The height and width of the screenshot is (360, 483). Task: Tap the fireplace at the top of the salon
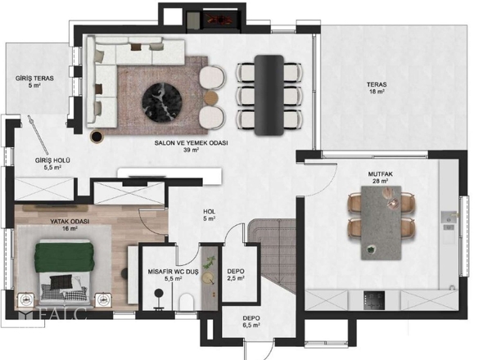pos(220,21)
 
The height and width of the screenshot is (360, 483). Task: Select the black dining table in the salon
pos(269,95)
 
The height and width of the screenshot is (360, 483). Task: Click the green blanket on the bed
pos(64,258)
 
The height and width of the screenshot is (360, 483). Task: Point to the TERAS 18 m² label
pos(377,88)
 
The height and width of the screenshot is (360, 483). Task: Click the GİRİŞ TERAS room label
pos(34,79)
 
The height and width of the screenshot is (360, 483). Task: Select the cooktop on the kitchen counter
pos(374,300)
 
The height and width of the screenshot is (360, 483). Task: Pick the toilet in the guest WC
pos(187,301)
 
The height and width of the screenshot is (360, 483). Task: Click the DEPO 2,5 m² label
pos(236,275)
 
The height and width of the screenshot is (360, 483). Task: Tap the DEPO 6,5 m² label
pos(251,322)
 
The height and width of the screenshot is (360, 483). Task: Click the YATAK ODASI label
pos(70,221)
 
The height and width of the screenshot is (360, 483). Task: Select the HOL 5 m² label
pos(209,215)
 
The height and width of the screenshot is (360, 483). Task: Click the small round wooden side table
pos(211,97)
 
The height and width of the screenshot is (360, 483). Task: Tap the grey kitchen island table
pos(381,223)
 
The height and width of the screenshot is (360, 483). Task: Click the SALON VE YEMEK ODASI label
pos(191,143)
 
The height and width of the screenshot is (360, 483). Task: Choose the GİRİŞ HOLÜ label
pos(52,160)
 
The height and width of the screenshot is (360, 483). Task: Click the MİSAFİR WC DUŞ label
pos(173,272)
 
